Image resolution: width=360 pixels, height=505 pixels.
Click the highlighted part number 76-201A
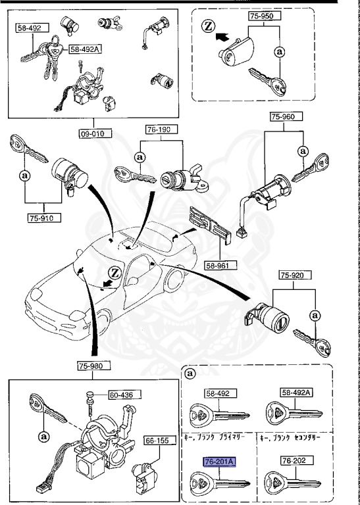coord(219,463)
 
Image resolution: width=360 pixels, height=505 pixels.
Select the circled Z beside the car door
coord(115,272)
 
